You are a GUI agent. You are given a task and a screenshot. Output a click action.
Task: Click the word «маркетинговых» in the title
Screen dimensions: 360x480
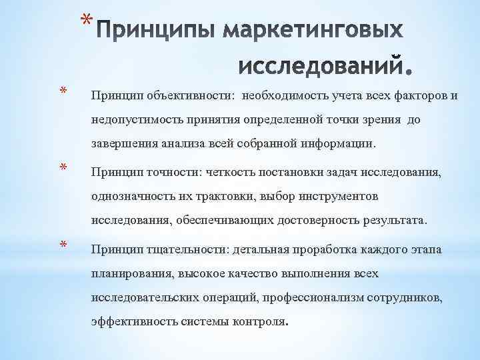[313, 32]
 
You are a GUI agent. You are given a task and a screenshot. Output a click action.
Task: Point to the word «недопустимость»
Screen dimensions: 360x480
[133, 121]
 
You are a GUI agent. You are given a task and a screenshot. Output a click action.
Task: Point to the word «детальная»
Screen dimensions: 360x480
[259, 249]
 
